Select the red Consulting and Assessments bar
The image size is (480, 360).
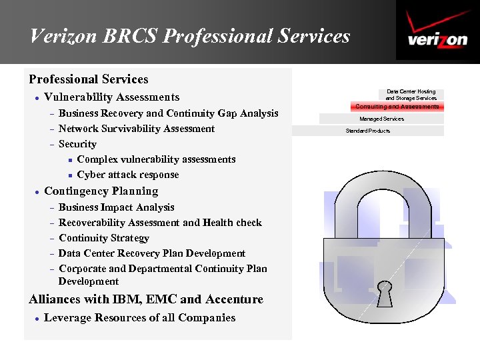(397, 107)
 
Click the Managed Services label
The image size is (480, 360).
(381, 119)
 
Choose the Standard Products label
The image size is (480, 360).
(367, 131)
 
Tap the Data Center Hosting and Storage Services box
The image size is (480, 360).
(411, 95)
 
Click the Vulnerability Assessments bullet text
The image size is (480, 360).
(111, 97)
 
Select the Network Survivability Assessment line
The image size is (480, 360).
(137, 129)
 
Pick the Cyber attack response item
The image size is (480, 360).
(128, 175)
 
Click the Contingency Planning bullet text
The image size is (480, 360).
(101, 191)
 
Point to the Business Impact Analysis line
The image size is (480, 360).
(117, 207)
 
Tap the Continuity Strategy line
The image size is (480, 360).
(104, 238)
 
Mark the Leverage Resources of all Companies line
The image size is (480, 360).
(139, 318)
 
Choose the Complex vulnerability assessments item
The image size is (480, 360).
(156, 159)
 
